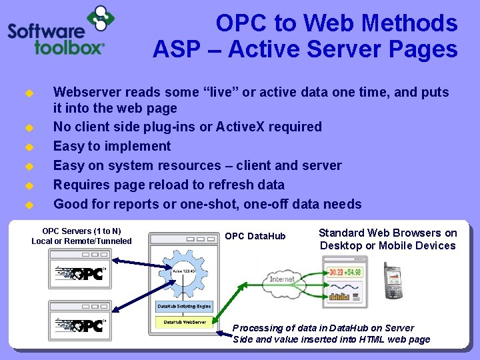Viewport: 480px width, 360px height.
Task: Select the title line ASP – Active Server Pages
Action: click(x=305, y=49)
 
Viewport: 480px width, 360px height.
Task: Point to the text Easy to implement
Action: click(x=112, y=146)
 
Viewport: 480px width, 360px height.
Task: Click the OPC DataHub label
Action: click(x=255, y=236)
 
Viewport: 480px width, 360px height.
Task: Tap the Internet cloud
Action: click(x=281, y=279)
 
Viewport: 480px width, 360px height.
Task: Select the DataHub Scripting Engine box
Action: click(x=184, y=307)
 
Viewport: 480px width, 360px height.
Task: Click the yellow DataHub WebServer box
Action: click(x=185, y=322)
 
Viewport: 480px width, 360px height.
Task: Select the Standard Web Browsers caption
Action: click(x=388, y=239)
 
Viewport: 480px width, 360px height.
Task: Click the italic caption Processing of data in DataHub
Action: click(x=331, y=333)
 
